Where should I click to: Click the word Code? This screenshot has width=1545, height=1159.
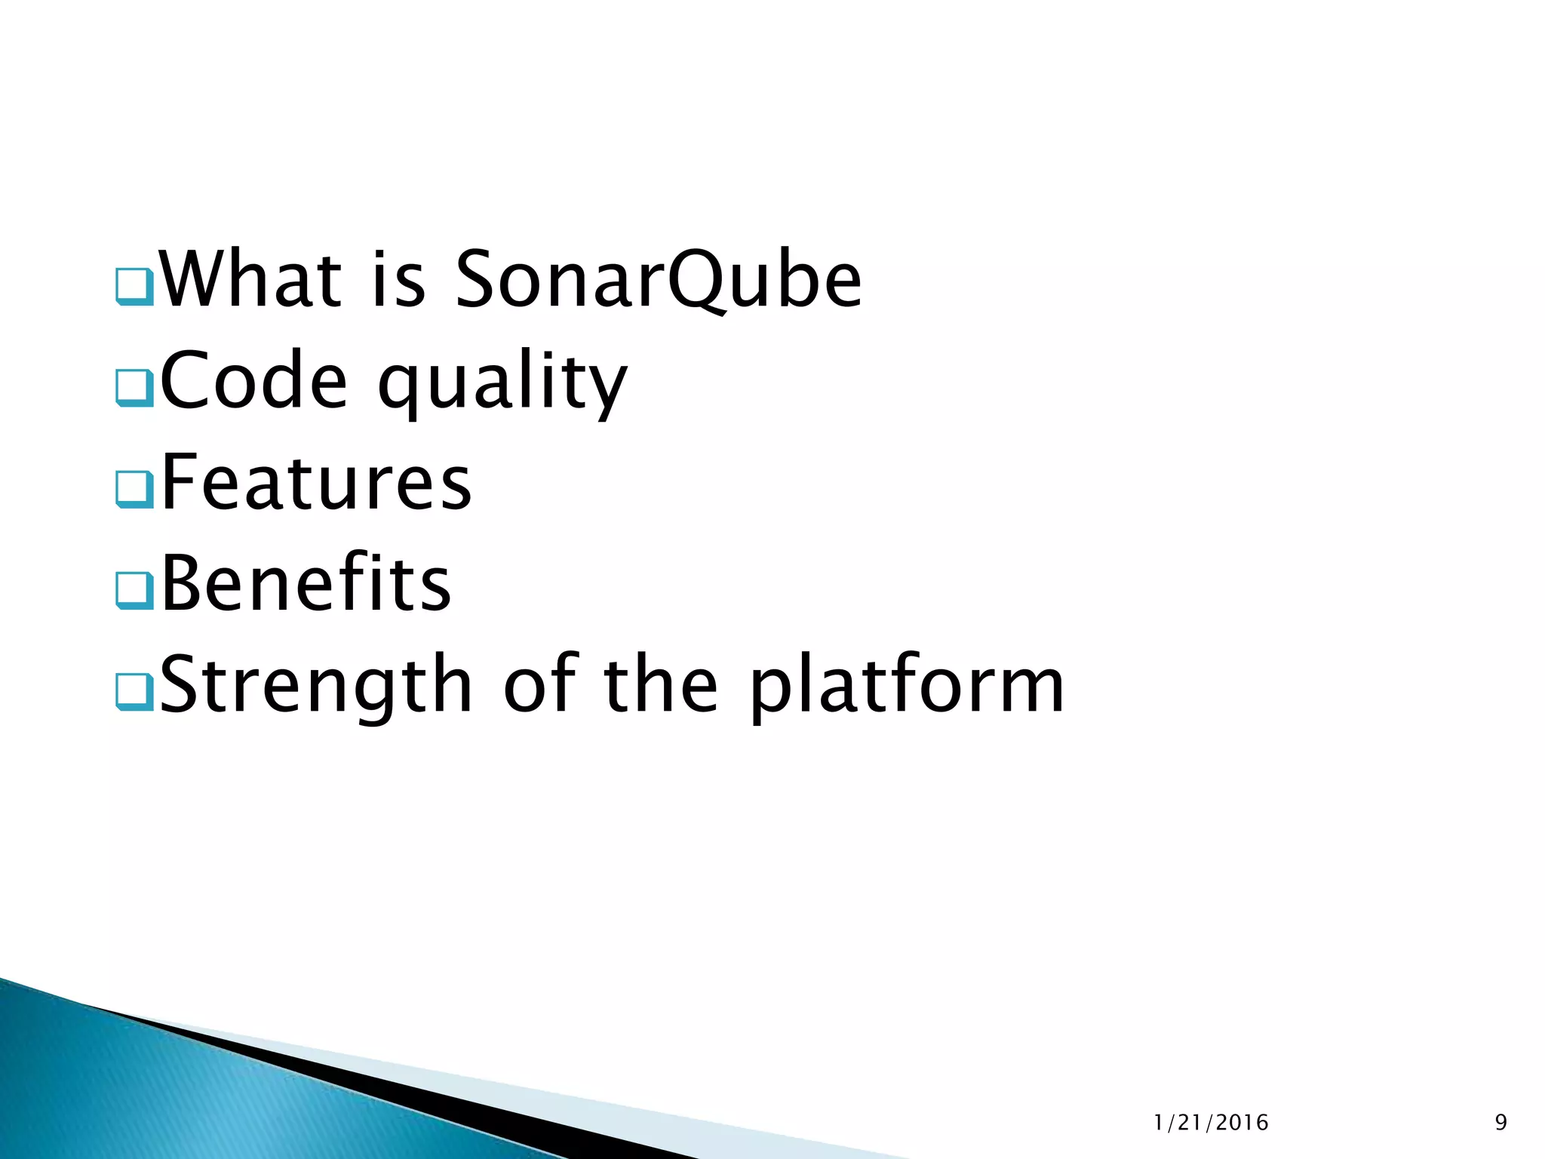click(x=253, y=381)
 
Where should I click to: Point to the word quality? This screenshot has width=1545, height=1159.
click(x=502, y=385)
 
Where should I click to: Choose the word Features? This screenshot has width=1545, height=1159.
click(x=316, y=483)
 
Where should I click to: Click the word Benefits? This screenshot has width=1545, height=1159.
click(x=306, y=583)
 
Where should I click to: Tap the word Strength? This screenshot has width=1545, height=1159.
click(x=316, y=685)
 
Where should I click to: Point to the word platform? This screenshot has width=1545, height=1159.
click(x=906, y=687)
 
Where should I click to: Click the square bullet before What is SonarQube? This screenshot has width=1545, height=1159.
click(x=135, y=287)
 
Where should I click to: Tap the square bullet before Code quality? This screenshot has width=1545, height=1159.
click(x=135, y=389)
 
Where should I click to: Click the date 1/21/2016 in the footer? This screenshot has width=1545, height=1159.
click(x=1211, y=1123)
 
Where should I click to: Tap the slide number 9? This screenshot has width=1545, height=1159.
click(x=1500, y=1123)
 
